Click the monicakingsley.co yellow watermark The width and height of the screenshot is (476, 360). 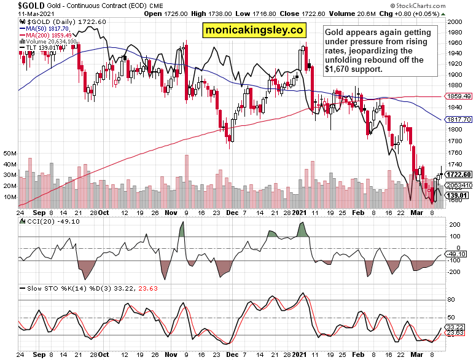pos(254,30)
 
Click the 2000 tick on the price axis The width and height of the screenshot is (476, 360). pos(455,22)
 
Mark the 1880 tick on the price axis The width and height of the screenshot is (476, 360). pos(455,86)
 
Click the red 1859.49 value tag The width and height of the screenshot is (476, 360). pos(459,96)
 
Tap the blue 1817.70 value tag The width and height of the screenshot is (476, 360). pos(459,119)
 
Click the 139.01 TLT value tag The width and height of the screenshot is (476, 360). pos(458,195)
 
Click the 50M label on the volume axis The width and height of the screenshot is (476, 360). pos(9,153)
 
